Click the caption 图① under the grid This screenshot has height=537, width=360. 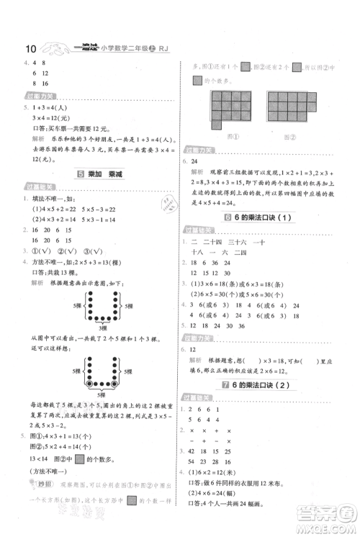coord(228,135)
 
